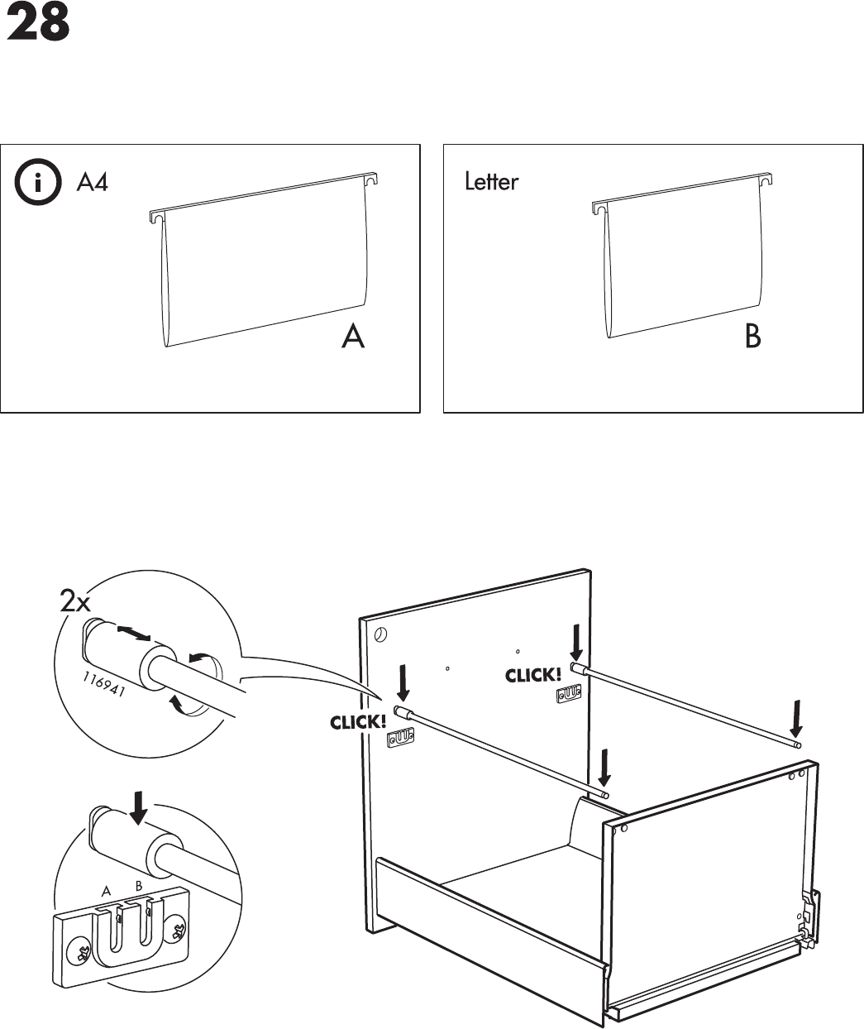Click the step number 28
(x=37, y=24)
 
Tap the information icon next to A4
(x=37, y=183)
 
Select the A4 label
(x=92, y=182)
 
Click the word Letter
(x=491, y=182)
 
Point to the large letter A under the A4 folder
(x=354, y=337)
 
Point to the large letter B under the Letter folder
(x=752, y=337)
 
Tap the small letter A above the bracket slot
(x=106, y=892)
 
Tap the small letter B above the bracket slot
(x=139, y=886)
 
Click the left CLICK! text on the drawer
(x=358, y=722)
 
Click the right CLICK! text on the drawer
(x=533, y=676)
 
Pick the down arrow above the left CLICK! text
(x=403, y=681)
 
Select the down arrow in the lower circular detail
(x=140, y=807)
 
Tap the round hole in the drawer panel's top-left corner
(x=379, y=636)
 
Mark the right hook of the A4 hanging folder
(x=371, y=179)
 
